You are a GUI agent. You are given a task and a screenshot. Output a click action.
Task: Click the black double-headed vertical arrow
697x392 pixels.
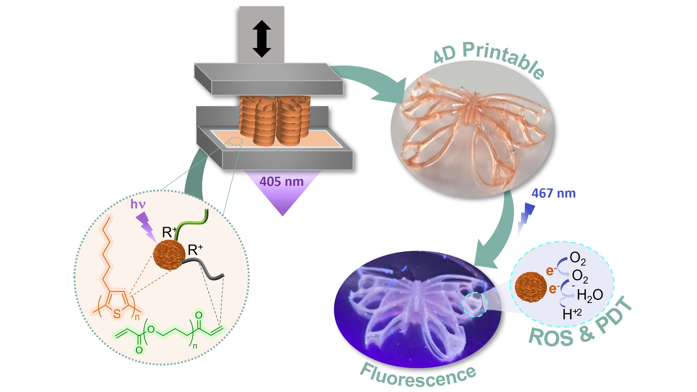(x=262, y=38)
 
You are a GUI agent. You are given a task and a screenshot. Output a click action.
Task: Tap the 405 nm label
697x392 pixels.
(x=281, y=182)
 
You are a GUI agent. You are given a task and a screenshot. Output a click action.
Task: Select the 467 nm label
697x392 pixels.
(x=554, y=194)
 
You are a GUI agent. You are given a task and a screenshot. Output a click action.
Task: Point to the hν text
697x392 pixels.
(x=138, y=204)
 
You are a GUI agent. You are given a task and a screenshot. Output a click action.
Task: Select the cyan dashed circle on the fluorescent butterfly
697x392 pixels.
(x=475, y=305)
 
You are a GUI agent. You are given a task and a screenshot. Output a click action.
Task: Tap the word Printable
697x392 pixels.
(x=503, y=58)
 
